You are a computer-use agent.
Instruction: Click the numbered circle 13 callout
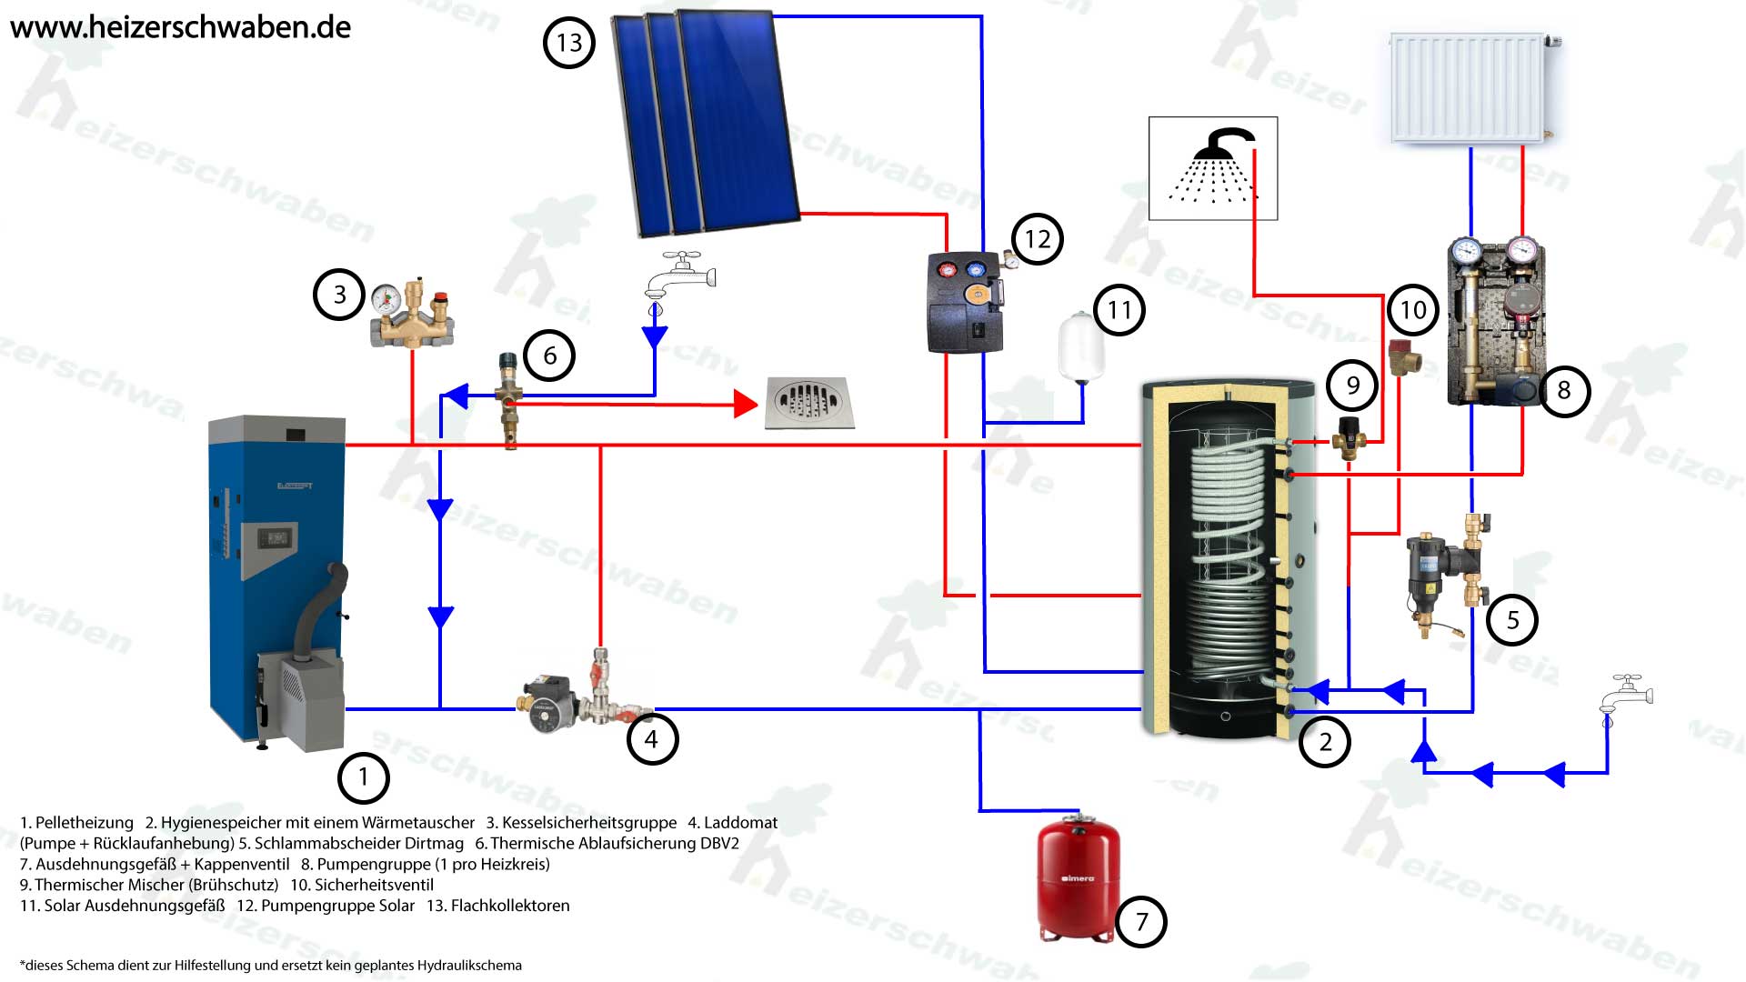point(568,43)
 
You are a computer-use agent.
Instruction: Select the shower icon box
point(1213,168)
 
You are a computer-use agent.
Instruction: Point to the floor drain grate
point(808,402)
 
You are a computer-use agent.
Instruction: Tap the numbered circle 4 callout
point(652,739)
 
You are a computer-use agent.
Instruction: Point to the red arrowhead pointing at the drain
point(746,404)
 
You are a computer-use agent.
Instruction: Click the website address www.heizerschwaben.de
point(180,27)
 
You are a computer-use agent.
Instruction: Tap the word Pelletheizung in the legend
point(85,823)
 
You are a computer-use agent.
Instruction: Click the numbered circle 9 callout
point(1352,386)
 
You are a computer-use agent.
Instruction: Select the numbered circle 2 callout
point(1325,742)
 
